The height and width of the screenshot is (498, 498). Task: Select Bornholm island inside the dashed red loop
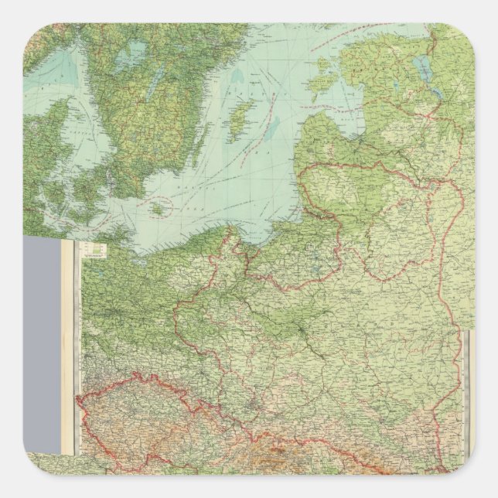(x=160, y=208)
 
